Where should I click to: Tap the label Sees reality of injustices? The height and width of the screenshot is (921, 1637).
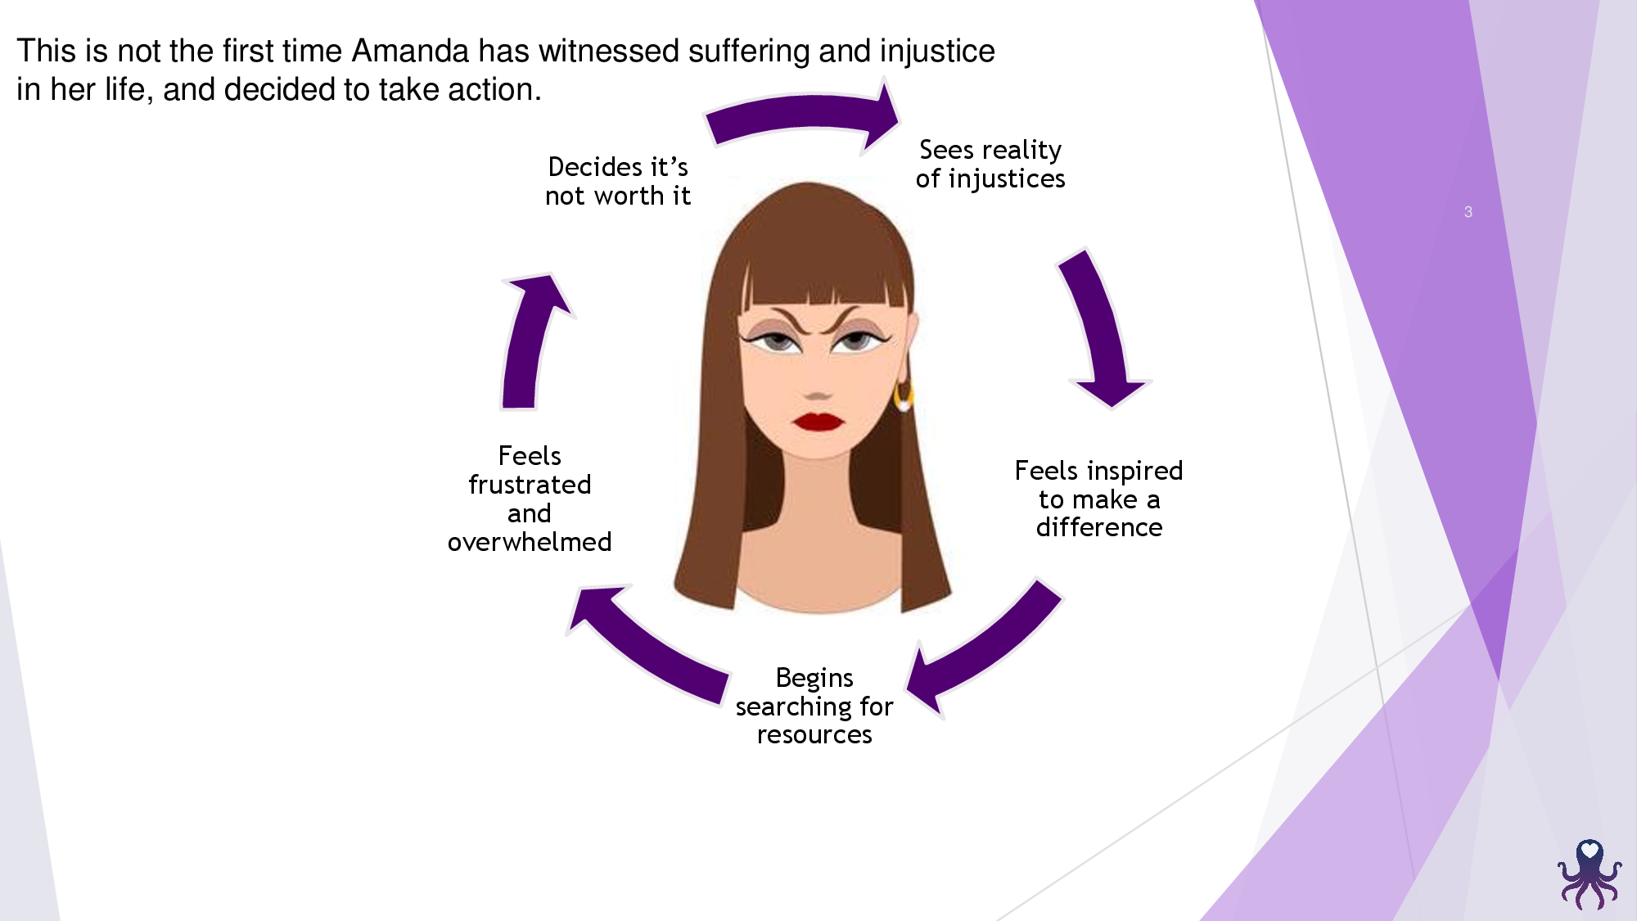990,164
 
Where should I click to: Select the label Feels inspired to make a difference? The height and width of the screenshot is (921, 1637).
1098,499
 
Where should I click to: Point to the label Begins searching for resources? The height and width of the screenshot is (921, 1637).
814,706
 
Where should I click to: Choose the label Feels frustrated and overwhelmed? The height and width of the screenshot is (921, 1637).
530,499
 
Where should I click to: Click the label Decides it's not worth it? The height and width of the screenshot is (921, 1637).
618,181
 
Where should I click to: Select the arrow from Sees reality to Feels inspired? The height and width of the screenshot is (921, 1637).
1101,327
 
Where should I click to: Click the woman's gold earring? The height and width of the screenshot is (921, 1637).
904,397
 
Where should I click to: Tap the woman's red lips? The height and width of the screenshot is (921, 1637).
818,422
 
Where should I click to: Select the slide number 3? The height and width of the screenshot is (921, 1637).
1468,212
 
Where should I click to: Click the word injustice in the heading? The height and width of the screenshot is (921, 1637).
937,51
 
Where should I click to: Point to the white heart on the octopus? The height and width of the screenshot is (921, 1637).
1590,851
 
